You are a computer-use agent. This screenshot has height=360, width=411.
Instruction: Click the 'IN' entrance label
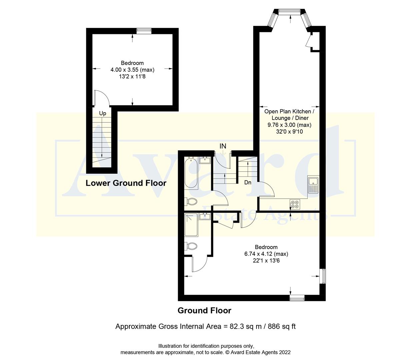coord(223,146)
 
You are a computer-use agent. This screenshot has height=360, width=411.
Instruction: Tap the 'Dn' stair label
coord(248,182)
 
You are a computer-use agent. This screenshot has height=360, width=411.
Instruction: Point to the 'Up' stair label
coord(103,113)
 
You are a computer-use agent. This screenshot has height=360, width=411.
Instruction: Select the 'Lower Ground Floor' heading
coord(126,183)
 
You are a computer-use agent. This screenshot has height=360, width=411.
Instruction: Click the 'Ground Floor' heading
coord(204,311)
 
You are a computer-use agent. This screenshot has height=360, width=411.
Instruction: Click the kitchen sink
coord(313,185)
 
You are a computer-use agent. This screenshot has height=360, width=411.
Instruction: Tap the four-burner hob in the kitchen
coord(295,204)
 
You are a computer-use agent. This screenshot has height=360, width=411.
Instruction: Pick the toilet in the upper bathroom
coord(191,201)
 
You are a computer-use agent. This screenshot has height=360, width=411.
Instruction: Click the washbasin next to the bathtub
coord(205,160)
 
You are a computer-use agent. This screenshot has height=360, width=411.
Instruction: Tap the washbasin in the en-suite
coord(205,217)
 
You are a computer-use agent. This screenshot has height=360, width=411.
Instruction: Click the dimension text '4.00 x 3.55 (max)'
coord(132,70)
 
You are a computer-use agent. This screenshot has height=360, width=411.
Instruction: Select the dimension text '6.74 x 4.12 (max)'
coord(266,254)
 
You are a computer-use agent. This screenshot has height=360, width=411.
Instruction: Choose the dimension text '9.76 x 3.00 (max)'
coord(289,125)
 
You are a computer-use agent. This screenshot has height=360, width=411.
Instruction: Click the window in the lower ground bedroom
coord(144,31)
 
